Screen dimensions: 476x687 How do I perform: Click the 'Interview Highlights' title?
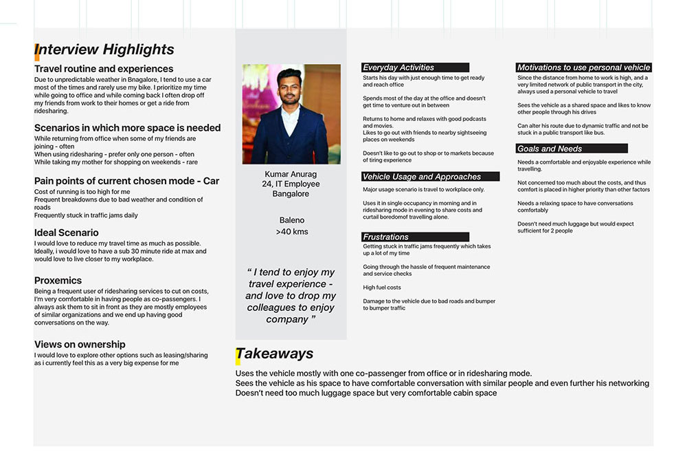tap(104, 50)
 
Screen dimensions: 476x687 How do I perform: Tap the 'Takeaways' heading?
tap(275, 354)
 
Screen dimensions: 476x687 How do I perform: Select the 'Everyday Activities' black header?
tap(399, 67)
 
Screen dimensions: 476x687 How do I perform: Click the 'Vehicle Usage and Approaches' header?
tap(422, 177)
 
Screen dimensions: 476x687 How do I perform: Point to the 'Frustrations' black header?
tap(386, 237)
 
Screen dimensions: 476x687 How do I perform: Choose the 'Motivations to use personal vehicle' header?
tap(583, 67)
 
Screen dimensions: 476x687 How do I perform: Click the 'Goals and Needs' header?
tap(550, 149)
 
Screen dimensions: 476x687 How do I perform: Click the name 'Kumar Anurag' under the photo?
tap(291, 174)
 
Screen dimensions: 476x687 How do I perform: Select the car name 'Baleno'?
tap(291, 221)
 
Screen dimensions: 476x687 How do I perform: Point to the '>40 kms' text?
tap(291, 232)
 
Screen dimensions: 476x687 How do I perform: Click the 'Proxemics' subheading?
tap(58, 281)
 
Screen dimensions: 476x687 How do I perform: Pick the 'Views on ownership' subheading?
tap(80, 345)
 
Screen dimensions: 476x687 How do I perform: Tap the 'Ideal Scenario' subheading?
tap(67, 232)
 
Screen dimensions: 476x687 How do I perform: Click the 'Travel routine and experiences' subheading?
tap(104, 69)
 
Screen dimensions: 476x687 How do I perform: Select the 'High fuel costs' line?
tap(382, 288)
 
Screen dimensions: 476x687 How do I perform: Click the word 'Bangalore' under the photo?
tap(291, 194)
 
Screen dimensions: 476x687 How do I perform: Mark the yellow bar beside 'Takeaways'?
tap(238, 356)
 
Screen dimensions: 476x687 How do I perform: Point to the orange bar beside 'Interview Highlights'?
tap(36, 52)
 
